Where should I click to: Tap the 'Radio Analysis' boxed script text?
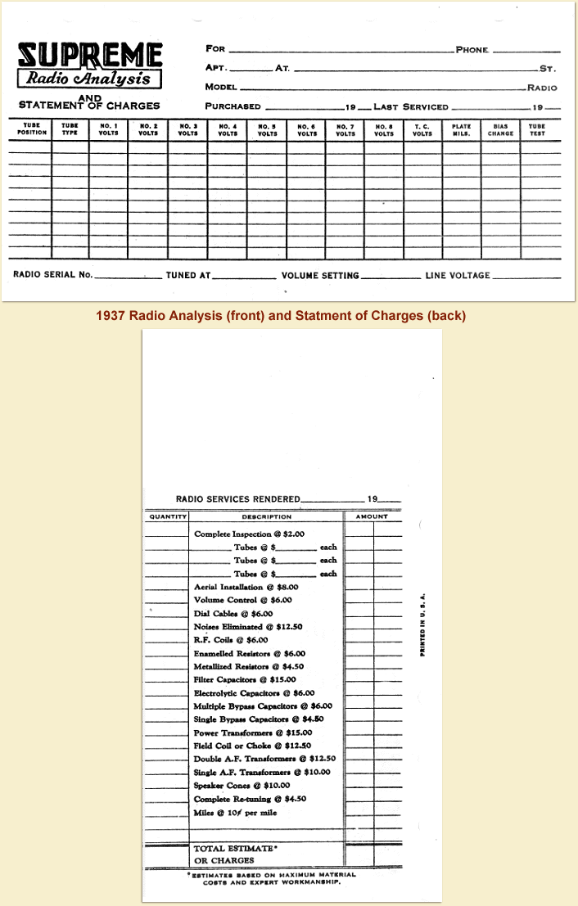(x=90, y=79)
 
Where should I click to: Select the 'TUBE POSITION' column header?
(x=32, y=129)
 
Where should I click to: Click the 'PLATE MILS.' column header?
(x=461, y=129)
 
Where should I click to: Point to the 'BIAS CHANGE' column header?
(x=500, y=129)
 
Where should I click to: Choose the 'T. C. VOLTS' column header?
(x=422, y=129)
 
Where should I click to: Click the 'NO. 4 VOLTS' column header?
(x=227, y=129)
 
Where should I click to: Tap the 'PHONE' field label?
(x=472, y=50)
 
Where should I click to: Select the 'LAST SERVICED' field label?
(x=411, y=106)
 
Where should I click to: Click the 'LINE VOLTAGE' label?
(x=458, y=276)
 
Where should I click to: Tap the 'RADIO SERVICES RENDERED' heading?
(x=238, y=498)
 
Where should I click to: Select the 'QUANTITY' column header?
(x=167, y=516)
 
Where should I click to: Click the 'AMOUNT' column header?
(x=372, y=516)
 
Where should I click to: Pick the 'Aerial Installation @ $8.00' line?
(x=246, y=587)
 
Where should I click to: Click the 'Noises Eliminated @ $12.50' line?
(x=245, y=626)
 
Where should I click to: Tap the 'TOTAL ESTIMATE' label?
(x=236, y=848)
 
